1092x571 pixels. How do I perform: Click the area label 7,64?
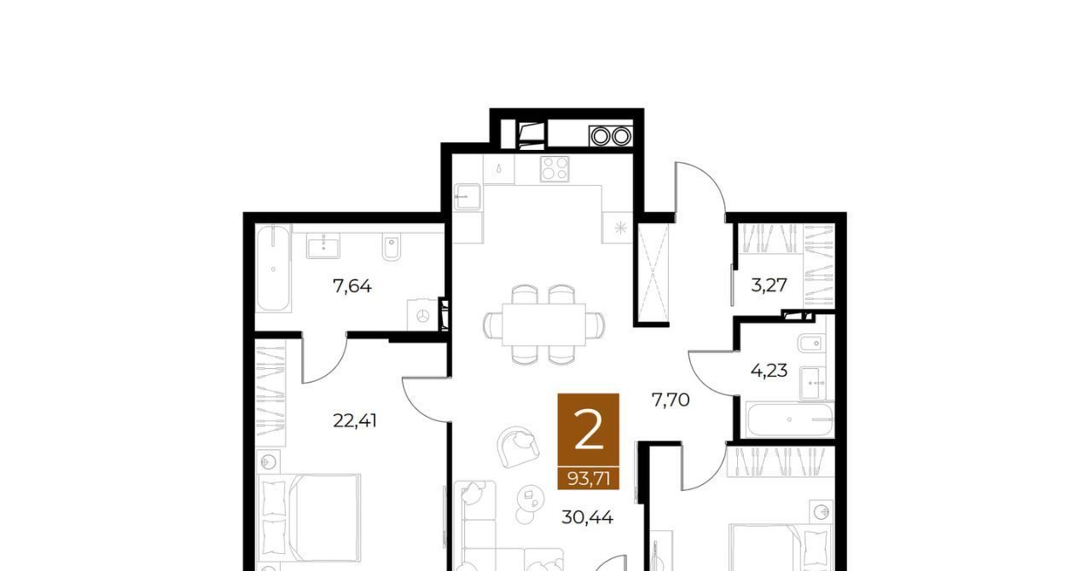[352, 286]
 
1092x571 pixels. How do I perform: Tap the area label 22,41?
[354, 420]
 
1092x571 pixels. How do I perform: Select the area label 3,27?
[769, 285]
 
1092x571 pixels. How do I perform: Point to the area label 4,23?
[769, 371]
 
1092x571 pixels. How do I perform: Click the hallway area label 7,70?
[671, 400]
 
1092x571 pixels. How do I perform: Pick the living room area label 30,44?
[587, 517]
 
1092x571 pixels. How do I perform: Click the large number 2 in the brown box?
[589, 430]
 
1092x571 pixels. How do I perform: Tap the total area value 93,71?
[589, 479]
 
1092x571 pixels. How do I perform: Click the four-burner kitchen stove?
[555, 169]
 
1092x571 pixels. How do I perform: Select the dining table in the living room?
[544, 325]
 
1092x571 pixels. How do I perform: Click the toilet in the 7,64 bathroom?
[391, 247]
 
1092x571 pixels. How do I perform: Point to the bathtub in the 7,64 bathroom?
[273, 268]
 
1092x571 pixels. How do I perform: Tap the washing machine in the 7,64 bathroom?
[422, 315]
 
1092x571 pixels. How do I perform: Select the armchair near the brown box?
[518, 447]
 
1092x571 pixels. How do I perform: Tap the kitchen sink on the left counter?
[467, 197]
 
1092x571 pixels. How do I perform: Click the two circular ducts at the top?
[611, 136]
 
